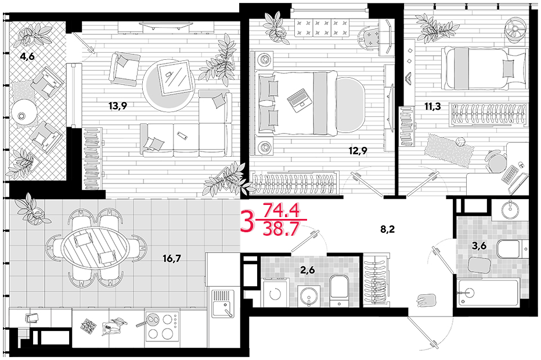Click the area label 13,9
[x=118, y=106]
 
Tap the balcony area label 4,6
[x=27, y=56]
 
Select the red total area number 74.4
[x=281, y=210]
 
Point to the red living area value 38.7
[x=280, y=229]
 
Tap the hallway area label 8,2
[x=387, y=229]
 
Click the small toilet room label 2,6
[x=307, y=270]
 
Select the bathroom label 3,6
[x=479, y=246]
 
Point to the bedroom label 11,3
[x=432, y=106]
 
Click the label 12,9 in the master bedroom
[x=358, y=150]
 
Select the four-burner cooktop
[x=162, y=326]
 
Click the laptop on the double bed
[x=299, y=100]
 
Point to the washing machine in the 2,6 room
[x=275, y=293]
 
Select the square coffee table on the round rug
[x=176, y=78]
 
